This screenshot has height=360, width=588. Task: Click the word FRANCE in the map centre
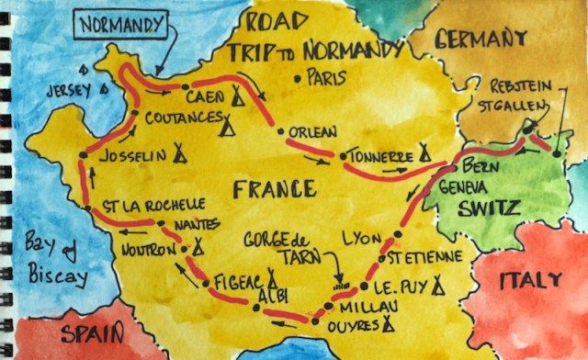pos(274,190)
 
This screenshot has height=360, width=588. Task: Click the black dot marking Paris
pos(298,78)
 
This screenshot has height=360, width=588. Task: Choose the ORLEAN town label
pos(313,131)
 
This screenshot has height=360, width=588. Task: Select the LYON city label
pos(360,238)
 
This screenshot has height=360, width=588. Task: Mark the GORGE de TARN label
pos(278,245)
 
